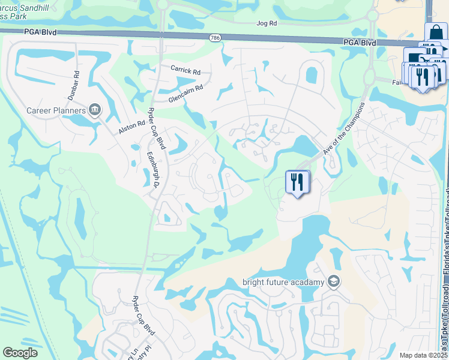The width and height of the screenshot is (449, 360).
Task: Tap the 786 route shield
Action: tap(215, 38)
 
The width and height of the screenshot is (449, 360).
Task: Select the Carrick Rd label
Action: tap(185, 70)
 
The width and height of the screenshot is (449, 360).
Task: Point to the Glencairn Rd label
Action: tap(185, 94)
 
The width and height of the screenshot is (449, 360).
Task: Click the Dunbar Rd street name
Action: tap(73, 86)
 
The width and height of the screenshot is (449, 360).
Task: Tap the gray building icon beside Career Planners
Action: tap(95, 110)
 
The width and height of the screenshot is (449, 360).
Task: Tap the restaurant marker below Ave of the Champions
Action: tap(297, 182)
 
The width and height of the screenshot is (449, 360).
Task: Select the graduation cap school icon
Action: tap(334, 281)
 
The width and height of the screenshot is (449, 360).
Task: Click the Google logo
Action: tap(20, 352)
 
